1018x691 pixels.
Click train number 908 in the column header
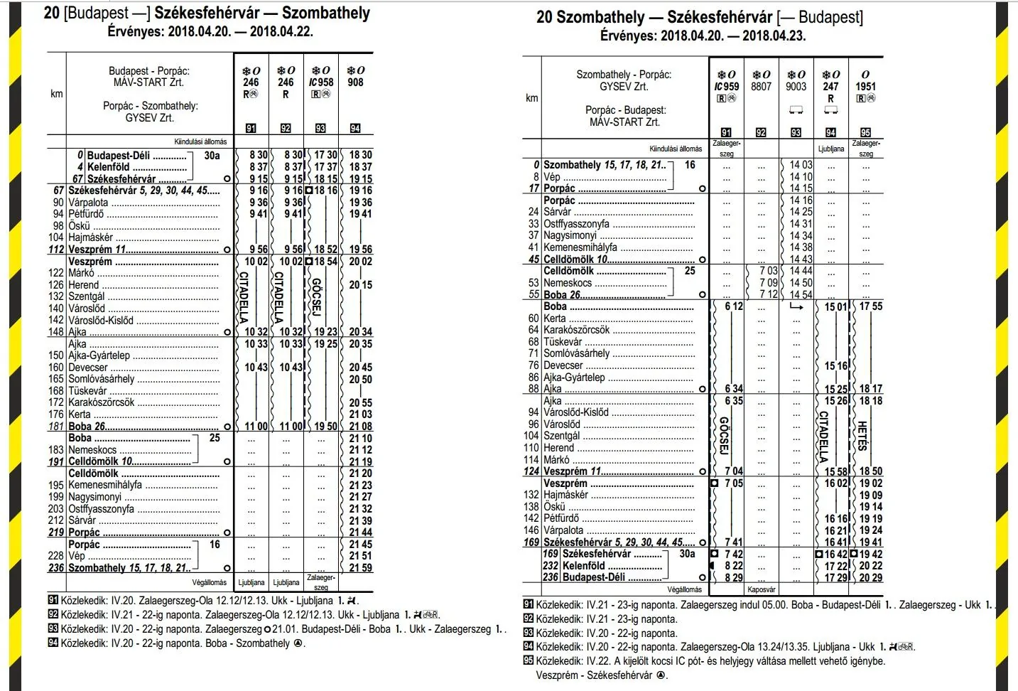pos(355,82)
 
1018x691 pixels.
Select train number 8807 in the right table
pos(761,87)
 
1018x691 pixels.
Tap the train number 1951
pos(865,87)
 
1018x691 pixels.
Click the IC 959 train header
pos(726,87)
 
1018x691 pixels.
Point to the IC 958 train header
pos(321,82)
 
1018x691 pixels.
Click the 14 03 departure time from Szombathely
pos(801,165)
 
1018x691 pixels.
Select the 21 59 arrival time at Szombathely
pos(360,568)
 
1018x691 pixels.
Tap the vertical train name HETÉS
pos(862,435)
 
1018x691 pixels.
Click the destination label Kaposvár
pos(761,589)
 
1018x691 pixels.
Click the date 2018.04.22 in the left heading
pos(281,31)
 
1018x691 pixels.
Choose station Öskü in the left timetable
pos(79,226)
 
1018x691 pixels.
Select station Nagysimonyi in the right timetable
pos(570,235)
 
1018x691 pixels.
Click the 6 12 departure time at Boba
pos(733,306)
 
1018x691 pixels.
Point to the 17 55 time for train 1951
pos(870,306)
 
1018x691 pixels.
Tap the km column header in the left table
pos(56,94)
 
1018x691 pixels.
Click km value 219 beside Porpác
pos(56,532)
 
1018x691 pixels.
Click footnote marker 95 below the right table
pos(528,661)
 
